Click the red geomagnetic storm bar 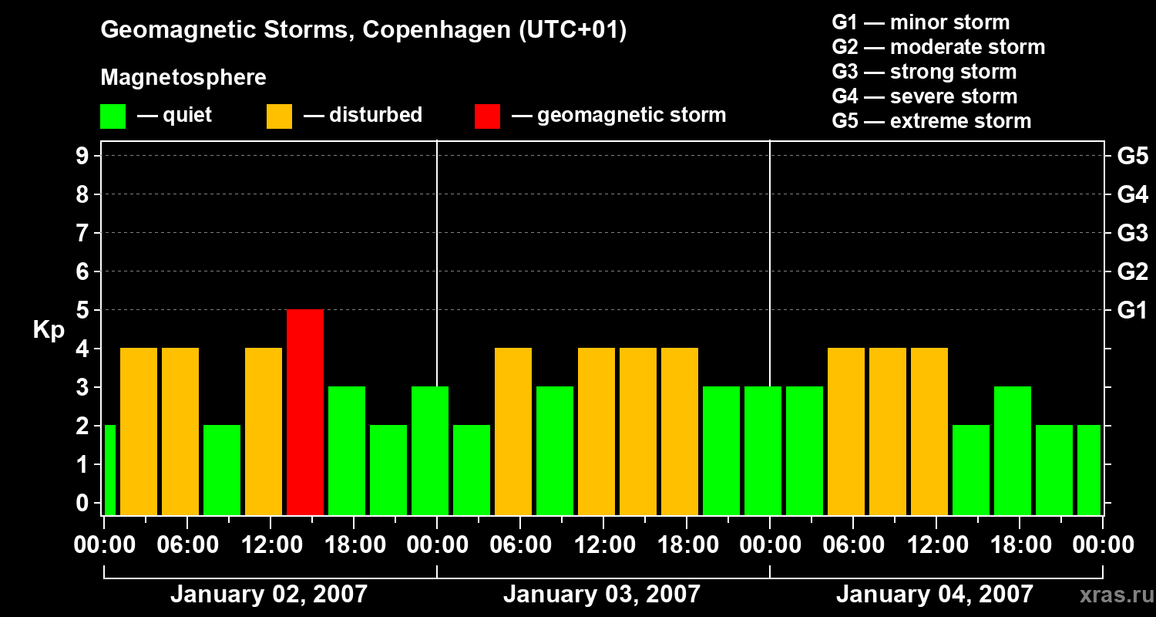click(x=305, y=412)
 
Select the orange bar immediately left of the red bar click(x=264, y=431)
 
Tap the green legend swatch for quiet click(x=113, y=116)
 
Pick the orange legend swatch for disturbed click(x=279, y=116)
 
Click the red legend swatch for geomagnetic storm click(x=487, y=116)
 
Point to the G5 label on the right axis click(x=1132, y=157)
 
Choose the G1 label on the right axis click(x=1132, y=311)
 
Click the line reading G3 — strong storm click(x=924, y=72)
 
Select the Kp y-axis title click(x=49, y=330)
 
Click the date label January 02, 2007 click(x=269, y=594)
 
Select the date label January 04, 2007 click(x=934, y=594)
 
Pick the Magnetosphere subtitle click(x=183, y=78)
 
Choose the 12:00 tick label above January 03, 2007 click(x=603, y=545)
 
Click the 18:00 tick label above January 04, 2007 click(x=1019, y=545)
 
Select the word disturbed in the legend click(x=375, y=115)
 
